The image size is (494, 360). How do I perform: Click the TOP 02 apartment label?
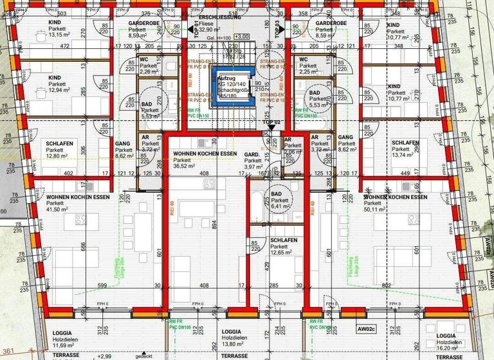tap(273, 121)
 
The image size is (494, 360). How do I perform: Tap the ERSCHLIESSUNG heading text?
tap(220, 17)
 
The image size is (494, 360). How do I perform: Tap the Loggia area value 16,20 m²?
tap(448, 348)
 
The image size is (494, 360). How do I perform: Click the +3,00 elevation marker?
tap(242, 37)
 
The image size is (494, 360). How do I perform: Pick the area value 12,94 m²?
tap(58, 90)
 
